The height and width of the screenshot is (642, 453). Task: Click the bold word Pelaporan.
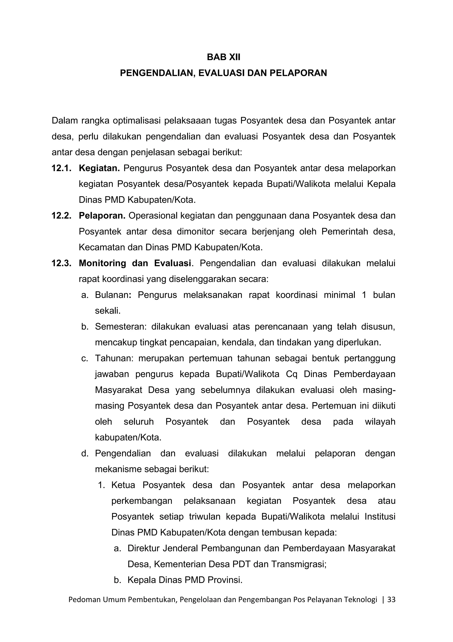pyautogui.click(x=102, y=216)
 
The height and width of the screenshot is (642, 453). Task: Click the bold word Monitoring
pyautogui.click(x=102, y=263)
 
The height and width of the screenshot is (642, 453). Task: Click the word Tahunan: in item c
pyautogui.click(x=114, y=358)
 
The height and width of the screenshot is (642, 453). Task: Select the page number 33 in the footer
pyautogui.click(x=392, y=599)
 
